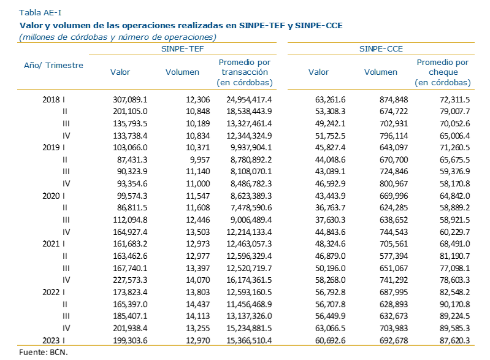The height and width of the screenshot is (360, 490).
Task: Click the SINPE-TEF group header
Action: click(183, 48)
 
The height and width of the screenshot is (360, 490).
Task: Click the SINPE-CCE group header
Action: click(381, 48)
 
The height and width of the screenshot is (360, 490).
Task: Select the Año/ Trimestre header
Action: click(53, 65)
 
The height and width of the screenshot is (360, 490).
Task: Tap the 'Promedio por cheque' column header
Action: click(443, 72)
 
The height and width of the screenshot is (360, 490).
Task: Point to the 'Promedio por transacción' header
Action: click(245, 72)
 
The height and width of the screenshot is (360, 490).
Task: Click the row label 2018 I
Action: click(54, 99)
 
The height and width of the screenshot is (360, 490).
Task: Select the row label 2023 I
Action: click(54, 340)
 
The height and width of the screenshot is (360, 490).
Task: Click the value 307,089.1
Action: click(130, 99)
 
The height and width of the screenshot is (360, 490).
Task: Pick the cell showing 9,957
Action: click(200, 159)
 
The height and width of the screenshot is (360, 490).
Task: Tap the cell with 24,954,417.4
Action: click(249, 99)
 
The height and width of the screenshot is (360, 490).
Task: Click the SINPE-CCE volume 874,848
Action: click(394, 99)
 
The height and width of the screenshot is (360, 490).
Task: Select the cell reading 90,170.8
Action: click(454, 304)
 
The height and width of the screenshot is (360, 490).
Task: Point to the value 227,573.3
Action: click(130, 280)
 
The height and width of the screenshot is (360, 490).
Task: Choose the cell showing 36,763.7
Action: click(331, 207)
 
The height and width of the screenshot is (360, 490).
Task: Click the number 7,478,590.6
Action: click(251, 207)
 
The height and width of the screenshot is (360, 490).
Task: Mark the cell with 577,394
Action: click(394, 256)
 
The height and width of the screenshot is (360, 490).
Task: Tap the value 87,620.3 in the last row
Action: click(454, 340)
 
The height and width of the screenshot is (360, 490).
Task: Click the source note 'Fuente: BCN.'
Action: click(44, 352)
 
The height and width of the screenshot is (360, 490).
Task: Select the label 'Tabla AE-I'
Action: click(40, 12)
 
